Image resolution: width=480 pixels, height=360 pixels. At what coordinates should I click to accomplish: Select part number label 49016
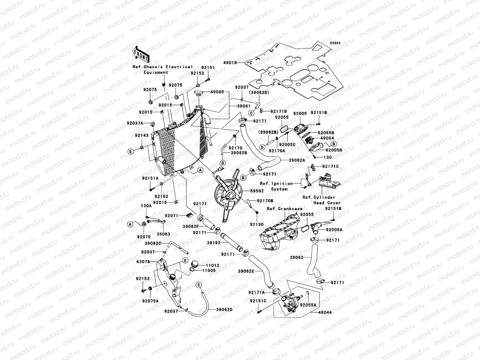[230, 63]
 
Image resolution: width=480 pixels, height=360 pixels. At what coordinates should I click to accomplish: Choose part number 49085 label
[217, 92]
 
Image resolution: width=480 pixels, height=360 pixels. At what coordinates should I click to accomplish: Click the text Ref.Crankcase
[284, 208]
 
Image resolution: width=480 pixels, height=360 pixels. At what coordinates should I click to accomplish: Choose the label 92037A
[135, 123]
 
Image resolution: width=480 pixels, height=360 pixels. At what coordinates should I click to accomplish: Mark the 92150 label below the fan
[257, 224]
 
